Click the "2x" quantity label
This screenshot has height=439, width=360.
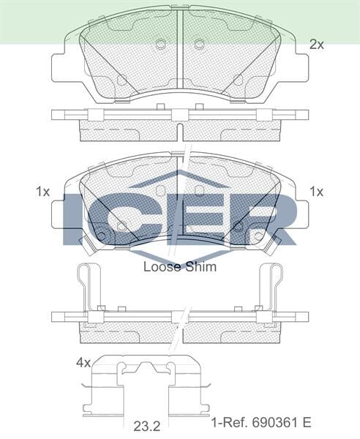316,45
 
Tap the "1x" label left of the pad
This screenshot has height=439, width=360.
42,192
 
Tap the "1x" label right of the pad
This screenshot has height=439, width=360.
316,192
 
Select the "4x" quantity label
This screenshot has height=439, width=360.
83,362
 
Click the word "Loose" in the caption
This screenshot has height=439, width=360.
161,267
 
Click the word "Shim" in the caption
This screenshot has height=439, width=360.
201,267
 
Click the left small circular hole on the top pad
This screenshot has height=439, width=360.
160,45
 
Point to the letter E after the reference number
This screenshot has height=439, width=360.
307,423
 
